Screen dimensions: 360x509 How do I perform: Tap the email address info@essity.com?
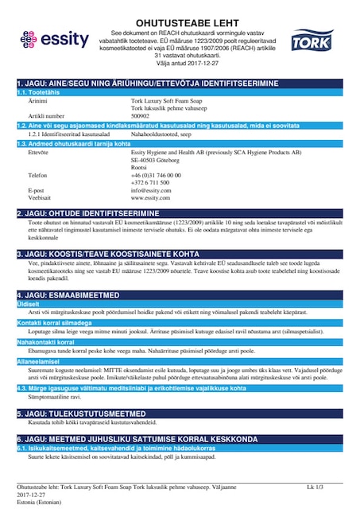point(151,190)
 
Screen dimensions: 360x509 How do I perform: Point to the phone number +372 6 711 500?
point(149,182)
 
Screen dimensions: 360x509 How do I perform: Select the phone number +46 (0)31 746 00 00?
point(155,174)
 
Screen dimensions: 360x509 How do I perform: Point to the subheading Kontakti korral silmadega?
point(56,322)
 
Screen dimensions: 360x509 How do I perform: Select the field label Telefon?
point(38,174)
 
